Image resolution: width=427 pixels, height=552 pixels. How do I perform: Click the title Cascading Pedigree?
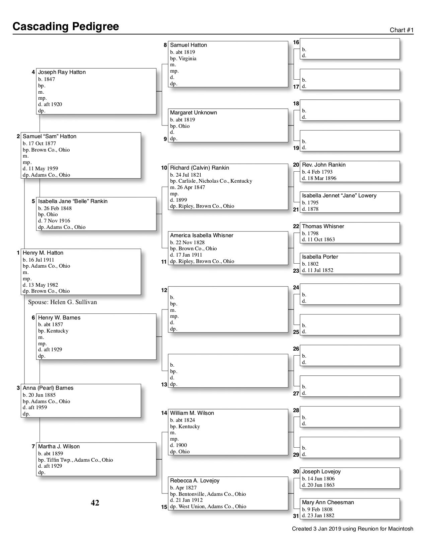(66, 27)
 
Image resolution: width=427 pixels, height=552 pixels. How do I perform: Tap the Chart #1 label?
(402, 30)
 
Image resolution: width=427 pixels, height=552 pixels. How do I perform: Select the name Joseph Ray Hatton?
(62, 72)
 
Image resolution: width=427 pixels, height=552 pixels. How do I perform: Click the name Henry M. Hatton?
(43, 253)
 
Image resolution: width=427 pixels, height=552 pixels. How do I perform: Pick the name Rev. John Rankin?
(324, 165)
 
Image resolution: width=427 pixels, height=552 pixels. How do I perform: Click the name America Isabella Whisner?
(202, 236)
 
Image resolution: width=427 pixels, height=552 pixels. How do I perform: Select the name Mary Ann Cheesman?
(328, 502)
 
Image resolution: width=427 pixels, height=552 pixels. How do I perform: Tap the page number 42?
(95, 503)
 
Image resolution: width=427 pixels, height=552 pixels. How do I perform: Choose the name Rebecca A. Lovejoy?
(195, 481)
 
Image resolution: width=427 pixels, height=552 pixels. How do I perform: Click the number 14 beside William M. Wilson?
(164, 413)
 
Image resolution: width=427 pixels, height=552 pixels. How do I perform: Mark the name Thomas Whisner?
(323, 226)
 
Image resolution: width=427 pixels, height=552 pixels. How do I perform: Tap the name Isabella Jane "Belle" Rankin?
(73, 201)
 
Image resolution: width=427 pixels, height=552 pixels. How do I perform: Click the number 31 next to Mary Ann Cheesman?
(296, 516)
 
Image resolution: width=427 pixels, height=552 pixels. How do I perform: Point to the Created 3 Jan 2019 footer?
(352, 529)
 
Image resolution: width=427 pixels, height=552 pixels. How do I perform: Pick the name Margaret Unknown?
(193, 113)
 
